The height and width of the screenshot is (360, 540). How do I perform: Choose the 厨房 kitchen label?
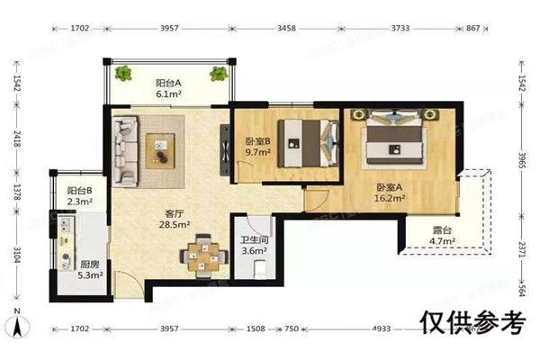(89, 265)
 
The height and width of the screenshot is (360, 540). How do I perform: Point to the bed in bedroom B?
(303, 143)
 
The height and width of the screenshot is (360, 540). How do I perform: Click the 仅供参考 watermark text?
(471, 319)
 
